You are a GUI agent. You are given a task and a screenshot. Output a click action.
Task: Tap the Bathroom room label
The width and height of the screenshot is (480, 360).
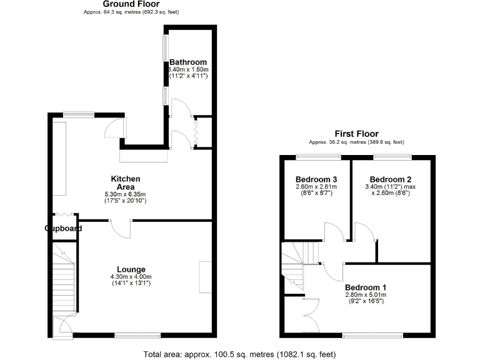point(188,62)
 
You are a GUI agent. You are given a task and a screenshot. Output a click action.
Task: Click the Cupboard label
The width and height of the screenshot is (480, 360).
point(63,229)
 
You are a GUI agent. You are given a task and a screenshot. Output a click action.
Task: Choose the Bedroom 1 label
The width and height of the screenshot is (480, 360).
point(366,287)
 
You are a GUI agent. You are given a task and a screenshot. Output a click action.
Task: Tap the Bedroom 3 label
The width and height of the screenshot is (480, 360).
point(316,178)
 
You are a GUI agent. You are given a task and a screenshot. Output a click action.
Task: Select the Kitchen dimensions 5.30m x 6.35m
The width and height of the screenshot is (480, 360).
point(125,195)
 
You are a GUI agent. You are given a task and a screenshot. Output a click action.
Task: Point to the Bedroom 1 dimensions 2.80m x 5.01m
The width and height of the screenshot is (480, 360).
point(366,295)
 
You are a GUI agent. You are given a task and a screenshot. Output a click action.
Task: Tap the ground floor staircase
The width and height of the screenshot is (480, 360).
point(63,281)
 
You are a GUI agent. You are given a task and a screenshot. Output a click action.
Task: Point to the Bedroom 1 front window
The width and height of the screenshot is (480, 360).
point(373,336)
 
